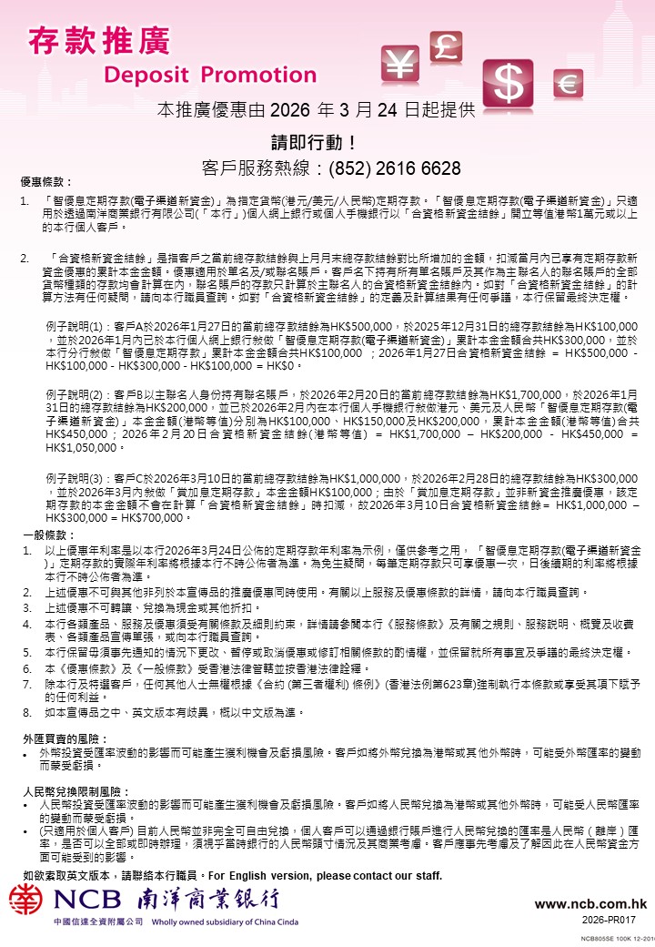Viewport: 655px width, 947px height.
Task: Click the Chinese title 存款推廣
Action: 99,40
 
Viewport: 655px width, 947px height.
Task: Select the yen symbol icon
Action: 400,62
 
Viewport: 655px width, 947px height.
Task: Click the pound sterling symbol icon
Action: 448,45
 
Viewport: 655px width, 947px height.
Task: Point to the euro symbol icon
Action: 569,84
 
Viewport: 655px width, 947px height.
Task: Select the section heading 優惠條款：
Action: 46,182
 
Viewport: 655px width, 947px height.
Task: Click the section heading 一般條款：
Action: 46,535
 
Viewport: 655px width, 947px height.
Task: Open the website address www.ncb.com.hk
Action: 590,904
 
